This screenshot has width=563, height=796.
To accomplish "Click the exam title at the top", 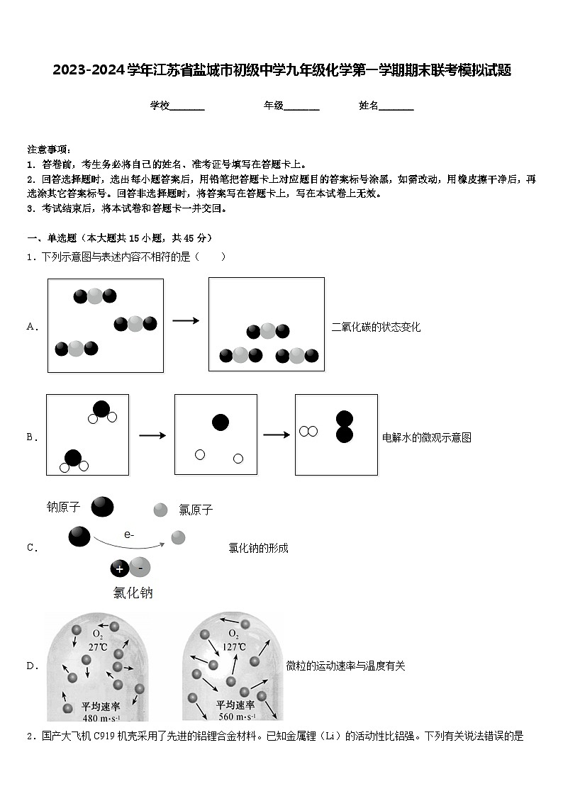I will click(x=281, y=70).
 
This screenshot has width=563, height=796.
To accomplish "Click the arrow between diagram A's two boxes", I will click(x=186, y=320).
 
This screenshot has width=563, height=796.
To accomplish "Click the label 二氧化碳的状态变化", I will click(x=376, y=327).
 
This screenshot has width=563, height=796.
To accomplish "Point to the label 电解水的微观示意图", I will click(x=426, y=437).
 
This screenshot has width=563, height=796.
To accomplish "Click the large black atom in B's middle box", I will click(x=221, y=422).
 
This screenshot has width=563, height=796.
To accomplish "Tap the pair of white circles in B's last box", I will click(x=308, y=431).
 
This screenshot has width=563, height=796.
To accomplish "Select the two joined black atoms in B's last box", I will click(x=345, y=427).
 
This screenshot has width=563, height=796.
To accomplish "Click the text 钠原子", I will click(x=64, y=507).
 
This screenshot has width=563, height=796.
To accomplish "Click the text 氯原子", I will click(x=196, y=509).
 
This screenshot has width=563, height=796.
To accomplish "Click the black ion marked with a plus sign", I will click(x=120, y=568).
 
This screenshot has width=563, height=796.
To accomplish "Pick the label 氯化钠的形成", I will click(x=258, y=548).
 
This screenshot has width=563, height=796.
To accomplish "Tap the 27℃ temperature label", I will click(x=98, y=647).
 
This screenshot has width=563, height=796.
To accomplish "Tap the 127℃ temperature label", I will click(x=233, y=647).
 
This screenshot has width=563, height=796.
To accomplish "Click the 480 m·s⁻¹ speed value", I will click(x=101, y=717).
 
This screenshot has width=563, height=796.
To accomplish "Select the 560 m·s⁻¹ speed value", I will click(x=237, y=717).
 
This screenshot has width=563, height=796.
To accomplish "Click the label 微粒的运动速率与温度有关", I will click(x=345, y=666).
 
